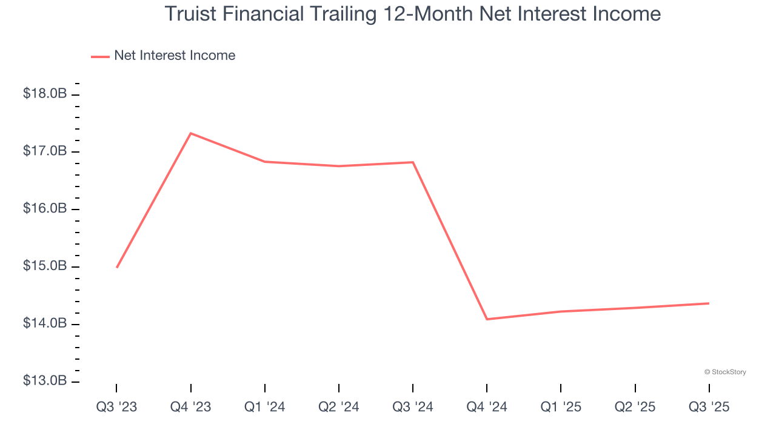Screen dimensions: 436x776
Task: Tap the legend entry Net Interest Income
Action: (174, 56)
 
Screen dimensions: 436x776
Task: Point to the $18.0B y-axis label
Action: (45, 94)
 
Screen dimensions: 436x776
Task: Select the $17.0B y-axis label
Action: (45, 151)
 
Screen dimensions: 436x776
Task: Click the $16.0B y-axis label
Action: (45, 209)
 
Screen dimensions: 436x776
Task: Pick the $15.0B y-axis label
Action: (45, 266)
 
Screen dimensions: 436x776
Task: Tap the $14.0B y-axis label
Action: (45, 324)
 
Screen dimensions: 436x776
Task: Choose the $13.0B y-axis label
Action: (45, 381)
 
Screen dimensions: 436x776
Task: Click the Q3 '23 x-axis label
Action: (116, 408)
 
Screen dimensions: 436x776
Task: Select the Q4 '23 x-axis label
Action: (190, 408)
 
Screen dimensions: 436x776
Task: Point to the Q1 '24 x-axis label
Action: (265, 408)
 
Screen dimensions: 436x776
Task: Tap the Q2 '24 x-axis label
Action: (339, 408)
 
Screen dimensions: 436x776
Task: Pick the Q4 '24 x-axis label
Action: (487, 408)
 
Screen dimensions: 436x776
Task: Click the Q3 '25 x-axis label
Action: (709, 408)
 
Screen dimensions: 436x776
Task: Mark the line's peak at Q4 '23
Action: (191, 133)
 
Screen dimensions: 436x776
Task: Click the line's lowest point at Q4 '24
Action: (487, 319)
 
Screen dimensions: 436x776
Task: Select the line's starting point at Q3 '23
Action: (116, 267)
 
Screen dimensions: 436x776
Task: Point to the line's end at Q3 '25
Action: (709, 303)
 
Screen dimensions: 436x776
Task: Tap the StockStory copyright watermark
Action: (725, 372)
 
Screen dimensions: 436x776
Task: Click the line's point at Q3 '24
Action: (413, 162)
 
